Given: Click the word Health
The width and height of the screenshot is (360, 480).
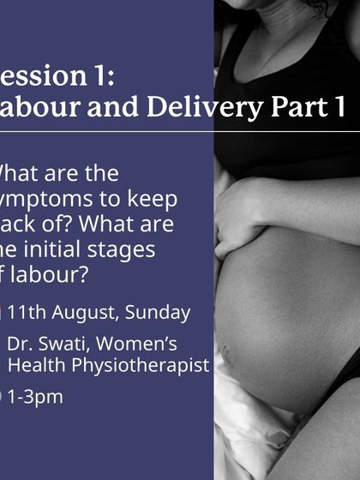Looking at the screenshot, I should [x=33, y=365].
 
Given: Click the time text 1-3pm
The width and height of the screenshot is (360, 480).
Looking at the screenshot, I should [x=35, y=397].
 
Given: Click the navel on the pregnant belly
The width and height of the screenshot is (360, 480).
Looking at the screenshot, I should [x=228, y=351].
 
